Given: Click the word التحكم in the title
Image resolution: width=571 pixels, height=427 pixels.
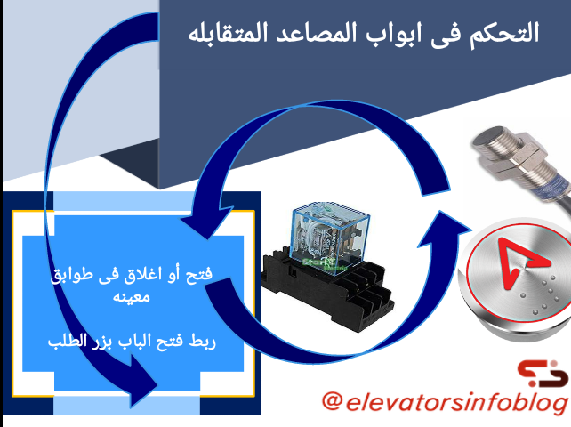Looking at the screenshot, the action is [x=503, y=34].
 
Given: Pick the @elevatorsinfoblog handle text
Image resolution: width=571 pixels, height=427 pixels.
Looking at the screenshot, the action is [x=445, y=402].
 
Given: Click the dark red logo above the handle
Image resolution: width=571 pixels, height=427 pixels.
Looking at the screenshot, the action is [x=543, y=373].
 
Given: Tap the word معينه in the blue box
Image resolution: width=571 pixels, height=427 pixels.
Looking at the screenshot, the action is [x=131, y=296].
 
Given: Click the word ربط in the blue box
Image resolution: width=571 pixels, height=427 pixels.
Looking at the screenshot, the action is [x=202, y=342].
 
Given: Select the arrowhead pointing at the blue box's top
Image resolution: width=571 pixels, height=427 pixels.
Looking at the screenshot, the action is [x=206, y=223].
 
